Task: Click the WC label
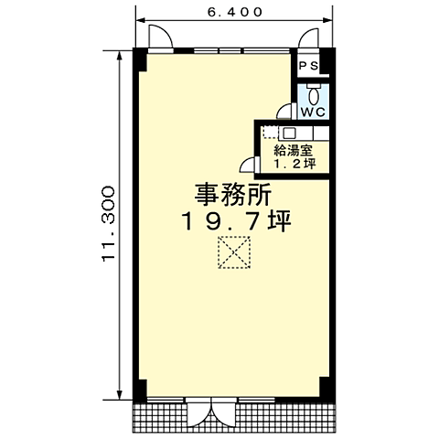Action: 314,112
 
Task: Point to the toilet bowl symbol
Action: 314,93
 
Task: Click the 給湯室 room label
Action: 292,151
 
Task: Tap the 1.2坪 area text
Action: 294,166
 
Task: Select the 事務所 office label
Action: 232,194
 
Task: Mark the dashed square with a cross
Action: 234,252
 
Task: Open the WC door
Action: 285,111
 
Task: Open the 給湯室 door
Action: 247,165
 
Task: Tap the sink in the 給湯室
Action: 288,133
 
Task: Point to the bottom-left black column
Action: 140,389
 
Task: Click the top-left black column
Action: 139,58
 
